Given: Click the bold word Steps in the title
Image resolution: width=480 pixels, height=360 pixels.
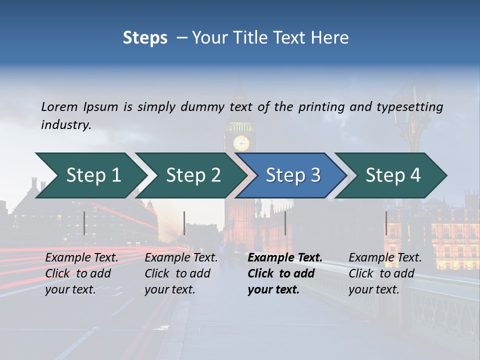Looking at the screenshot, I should click(x=145, y=38).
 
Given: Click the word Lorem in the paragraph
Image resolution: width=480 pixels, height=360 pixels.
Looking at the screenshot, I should click(x=59, y=107).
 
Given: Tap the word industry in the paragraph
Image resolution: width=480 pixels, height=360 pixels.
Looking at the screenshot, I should click(x=65, y=124).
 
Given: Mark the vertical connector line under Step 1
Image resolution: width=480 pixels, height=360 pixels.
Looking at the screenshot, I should click(x=84, y=223).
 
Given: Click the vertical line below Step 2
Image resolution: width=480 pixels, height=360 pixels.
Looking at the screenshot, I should click(x=184, y=223).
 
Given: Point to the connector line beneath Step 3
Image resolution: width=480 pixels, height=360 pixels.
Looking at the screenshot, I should click(x=285, y=223).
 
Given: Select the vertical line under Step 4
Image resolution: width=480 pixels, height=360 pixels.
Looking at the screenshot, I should click(x=386, y=223).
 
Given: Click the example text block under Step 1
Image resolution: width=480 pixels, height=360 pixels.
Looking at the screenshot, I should click(x=81, y=273).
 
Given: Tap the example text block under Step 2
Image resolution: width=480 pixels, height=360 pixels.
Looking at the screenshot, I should click(x=181, y=273).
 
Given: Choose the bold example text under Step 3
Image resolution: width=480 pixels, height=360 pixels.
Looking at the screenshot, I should click(x=285, y=273).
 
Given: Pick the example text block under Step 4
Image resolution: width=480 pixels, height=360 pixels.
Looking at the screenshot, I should click(x=385, y=273).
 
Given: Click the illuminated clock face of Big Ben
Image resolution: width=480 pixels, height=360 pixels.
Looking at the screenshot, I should click(x=241, y=143).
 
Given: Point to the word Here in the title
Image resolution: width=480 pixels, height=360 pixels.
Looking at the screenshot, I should click(x=331, y=38).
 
